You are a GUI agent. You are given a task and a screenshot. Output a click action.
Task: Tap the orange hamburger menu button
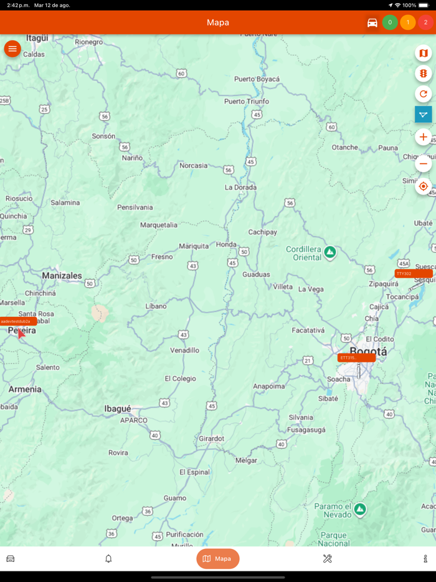point(12,49)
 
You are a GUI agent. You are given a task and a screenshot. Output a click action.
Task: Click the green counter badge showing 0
point(390,22)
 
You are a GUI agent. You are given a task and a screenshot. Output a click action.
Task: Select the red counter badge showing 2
point(426,22)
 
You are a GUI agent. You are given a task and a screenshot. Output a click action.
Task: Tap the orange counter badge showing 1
point(408,22)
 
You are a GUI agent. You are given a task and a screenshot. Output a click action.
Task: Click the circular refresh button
point(424,94)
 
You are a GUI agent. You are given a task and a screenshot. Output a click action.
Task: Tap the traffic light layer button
point(424,74)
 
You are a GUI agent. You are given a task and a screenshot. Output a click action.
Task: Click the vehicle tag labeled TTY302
point(413,274)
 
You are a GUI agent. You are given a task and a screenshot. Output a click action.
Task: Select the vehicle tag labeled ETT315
point(356,358)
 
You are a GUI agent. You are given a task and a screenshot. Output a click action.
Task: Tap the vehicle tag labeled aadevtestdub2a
point(18,322)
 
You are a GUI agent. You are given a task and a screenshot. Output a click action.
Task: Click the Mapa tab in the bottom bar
point(218,559)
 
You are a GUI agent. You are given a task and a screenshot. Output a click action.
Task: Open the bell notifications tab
point(108,559)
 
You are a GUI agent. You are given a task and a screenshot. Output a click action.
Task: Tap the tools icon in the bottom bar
point(328,559)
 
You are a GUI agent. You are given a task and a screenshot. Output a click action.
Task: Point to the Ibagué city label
point(118,409)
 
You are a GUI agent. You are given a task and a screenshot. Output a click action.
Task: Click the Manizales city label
point(62,276)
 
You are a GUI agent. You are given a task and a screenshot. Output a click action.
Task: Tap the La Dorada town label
point(240,187)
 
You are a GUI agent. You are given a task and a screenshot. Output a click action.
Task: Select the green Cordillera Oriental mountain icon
point(330,253)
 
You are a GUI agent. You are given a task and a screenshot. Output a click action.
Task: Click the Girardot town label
point(211,439)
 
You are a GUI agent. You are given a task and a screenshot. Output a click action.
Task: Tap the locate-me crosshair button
point(424,187)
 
